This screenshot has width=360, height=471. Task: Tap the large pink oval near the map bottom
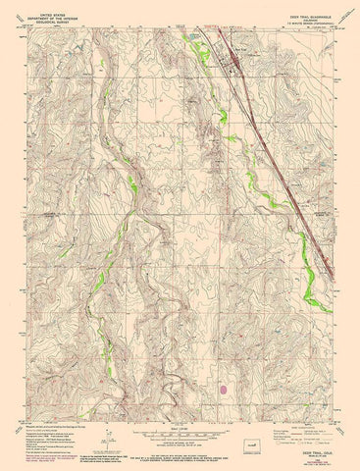click(230, 388)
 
